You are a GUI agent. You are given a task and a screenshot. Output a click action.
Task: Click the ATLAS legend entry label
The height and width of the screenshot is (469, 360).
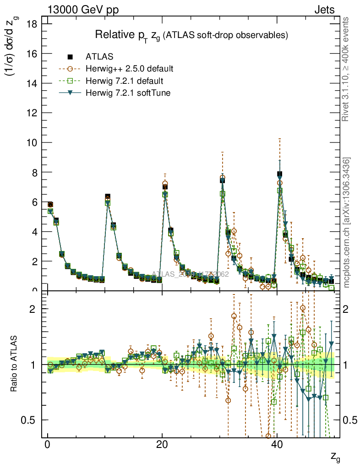(99, 57)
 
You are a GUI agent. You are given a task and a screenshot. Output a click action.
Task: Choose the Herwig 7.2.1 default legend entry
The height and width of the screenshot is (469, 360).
(125, 81)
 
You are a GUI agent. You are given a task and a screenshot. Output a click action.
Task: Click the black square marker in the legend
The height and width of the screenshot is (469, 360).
(71, 57)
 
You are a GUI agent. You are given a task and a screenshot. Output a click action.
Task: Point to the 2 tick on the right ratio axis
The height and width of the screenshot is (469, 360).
(349, 309)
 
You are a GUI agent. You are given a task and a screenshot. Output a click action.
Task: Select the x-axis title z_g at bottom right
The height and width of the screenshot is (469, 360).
(335, 457)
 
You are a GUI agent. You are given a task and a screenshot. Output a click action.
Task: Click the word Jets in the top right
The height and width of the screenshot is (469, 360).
(324, 10)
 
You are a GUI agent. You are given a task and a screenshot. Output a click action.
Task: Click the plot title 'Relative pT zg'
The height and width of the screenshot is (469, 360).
(191, 35)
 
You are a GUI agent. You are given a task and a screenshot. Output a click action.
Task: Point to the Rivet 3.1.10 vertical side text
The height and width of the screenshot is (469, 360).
(346, 69)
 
